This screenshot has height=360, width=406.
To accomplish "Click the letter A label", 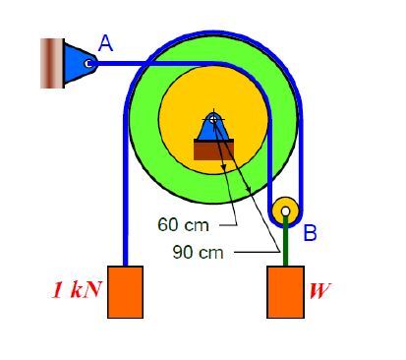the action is click(105, 43).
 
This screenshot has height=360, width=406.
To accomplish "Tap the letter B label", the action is click(310, 232).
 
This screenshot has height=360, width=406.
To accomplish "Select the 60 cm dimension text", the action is click(183, 225).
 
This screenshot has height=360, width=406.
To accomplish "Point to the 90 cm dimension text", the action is click(199, 253).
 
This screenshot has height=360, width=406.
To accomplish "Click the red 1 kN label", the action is click(77, 290).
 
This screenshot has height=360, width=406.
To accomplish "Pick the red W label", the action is click(319, 290).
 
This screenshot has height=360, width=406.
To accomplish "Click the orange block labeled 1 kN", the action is click(125, 292).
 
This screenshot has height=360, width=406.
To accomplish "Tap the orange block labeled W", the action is click(285, 292).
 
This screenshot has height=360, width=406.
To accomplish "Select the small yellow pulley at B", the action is click(285, 210).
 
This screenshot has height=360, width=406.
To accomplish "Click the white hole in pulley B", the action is click(285, 211).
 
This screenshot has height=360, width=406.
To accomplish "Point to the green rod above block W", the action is click(285, 241).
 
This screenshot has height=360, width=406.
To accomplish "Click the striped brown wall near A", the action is click(52, 63).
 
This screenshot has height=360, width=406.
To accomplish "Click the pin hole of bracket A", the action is click(87, 63).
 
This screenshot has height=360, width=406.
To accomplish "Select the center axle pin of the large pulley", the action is click(213, 119).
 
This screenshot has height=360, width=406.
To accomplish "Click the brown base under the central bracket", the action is click(213, 150).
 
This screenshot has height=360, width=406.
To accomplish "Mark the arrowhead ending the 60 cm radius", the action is click(224, 167).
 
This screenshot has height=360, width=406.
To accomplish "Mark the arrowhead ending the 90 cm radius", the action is click(248, 189).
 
